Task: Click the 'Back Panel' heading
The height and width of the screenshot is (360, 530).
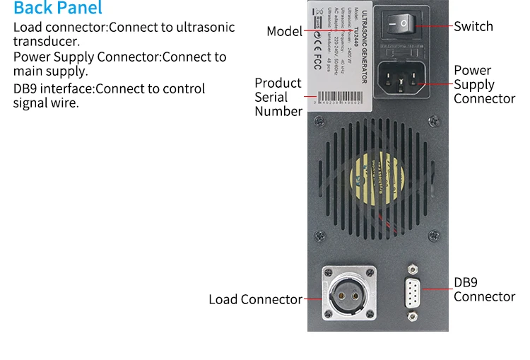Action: (x=58, y=8)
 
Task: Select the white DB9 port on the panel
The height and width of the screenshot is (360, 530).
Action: (x=413, y=291)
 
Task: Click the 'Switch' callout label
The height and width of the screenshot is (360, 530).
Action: (x=473, y=26)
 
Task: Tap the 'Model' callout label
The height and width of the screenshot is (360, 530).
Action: (x=284, y=31)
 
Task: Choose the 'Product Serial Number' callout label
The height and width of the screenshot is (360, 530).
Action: (x=278, y=97)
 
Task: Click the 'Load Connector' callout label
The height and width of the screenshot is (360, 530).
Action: (x=255, y=299)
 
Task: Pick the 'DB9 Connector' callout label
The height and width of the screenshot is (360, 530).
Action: (x=484, y=289)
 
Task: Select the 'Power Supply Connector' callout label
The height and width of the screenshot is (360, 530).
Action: (x=484, y=84)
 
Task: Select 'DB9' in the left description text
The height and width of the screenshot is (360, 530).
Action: (x=26, y=88)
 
